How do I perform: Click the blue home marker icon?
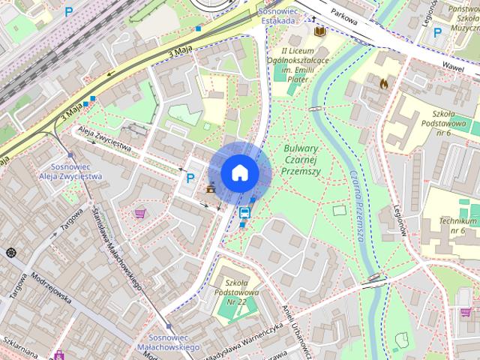tap(240, 172)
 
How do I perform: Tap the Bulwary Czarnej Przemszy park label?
tap(305, 158)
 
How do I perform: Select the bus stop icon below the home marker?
tap(244, 212)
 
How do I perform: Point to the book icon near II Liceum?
tap(319, 31)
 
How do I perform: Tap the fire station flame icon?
tap(385, 83)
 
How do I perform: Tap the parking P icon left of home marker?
tap(190, 178)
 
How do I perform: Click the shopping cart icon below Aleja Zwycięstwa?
tap(139, 213)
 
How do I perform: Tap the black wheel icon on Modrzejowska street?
tap(10, 252)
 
